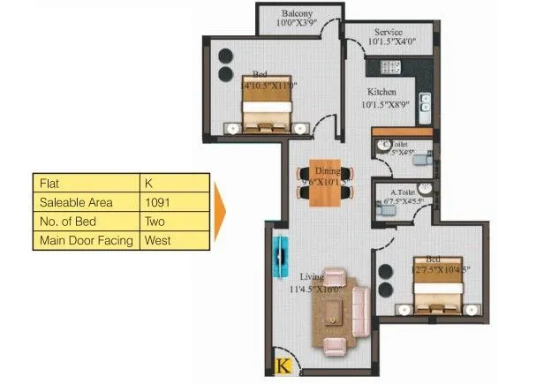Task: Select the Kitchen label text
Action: click(381, 92)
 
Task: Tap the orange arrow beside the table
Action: click(220, 212)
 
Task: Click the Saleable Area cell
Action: click(87, 202)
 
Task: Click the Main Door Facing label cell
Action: click(87, 239)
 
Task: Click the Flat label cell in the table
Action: click(87, 183)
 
